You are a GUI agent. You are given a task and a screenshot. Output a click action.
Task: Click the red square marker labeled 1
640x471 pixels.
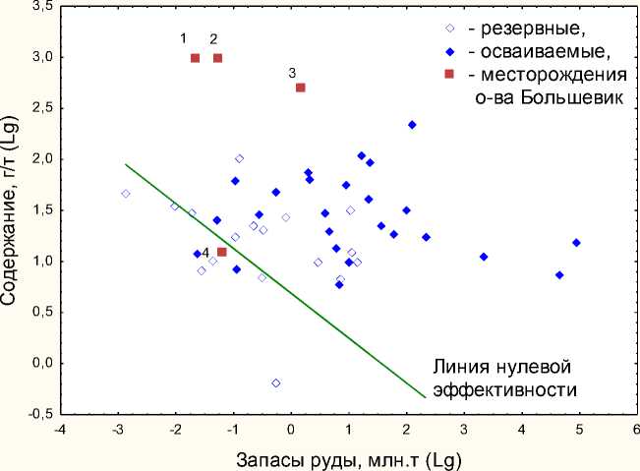(195, 58)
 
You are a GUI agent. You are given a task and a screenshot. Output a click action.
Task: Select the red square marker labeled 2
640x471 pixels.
(218, 58)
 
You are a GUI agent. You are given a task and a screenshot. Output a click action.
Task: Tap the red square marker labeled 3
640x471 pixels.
(301, 88)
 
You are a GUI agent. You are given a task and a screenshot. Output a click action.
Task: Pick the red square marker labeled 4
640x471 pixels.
(222, 252)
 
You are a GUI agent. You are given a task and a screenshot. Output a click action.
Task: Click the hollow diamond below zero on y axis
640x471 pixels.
(276, 383)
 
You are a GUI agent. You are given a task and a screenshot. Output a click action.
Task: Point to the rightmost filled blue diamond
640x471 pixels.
(577, 242)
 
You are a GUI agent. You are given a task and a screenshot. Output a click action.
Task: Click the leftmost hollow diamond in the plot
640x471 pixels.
(126, 194)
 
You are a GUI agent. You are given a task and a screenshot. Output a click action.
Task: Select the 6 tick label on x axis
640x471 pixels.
(636, 429)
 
